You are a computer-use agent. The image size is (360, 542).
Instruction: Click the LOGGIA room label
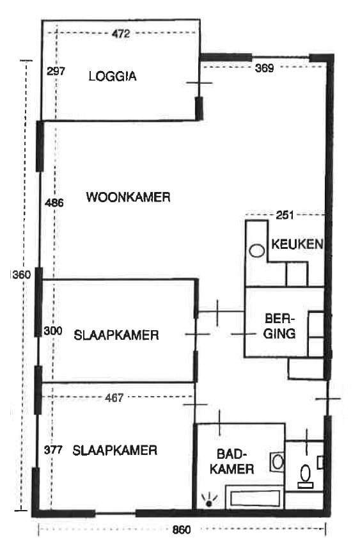tap(113, 76)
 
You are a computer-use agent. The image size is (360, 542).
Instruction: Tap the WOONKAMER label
tap(128, 197)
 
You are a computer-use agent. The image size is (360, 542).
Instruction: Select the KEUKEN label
tap(297, 244)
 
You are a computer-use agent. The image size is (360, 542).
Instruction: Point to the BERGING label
tap(279, 326)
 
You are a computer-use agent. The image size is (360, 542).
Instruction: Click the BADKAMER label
tap(235, 461)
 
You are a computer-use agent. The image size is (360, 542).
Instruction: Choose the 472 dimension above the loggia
tap(120, 34)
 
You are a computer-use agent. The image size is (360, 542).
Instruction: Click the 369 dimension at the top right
tap(263, 68)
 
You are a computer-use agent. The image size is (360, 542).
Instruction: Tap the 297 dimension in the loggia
tap(56, 71)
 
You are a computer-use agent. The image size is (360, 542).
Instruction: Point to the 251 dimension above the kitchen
tap(285, 215)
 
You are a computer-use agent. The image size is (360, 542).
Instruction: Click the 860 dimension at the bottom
tap(182, 529)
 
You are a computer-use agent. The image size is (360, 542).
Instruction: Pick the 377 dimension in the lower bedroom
tap(53, 450)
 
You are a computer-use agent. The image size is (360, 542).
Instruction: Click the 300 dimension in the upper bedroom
tap(54, 331)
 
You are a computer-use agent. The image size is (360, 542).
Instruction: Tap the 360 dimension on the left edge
tap(21, 275)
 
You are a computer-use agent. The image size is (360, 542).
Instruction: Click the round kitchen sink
tap(257, 251)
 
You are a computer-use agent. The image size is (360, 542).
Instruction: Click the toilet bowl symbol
tap(306, 474)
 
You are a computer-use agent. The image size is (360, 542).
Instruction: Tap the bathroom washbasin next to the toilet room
tap(277, 461)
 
